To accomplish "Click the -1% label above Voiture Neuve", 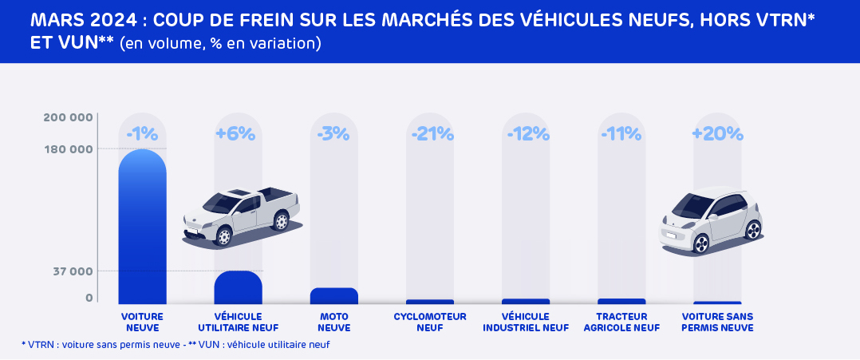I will coord(142,134).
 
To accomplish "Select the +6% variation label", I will coord(238,134).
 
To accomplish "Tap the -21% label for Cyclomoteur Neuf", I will coord(432,134).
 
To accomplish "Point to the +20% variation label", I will coord(717,134).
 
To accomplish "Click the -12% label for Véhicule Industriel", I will coord(526,134).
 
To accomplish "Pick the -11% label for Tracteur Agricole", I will coord(621,134).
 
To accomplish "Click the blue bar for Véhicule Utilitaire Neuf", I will coord(238,288).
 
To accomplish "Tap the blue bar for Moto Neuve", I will coord(333,296).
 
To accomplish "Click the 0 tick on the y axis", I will coord(89,298).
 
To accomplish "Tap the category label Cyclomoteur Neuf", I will coord(429,322).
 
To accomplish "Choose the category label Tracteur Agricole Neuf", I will coord(621,322).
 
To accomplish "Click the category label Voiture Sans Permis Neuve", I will coord(717,322).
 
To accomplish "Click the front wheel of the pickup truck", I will coord(224,236).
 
